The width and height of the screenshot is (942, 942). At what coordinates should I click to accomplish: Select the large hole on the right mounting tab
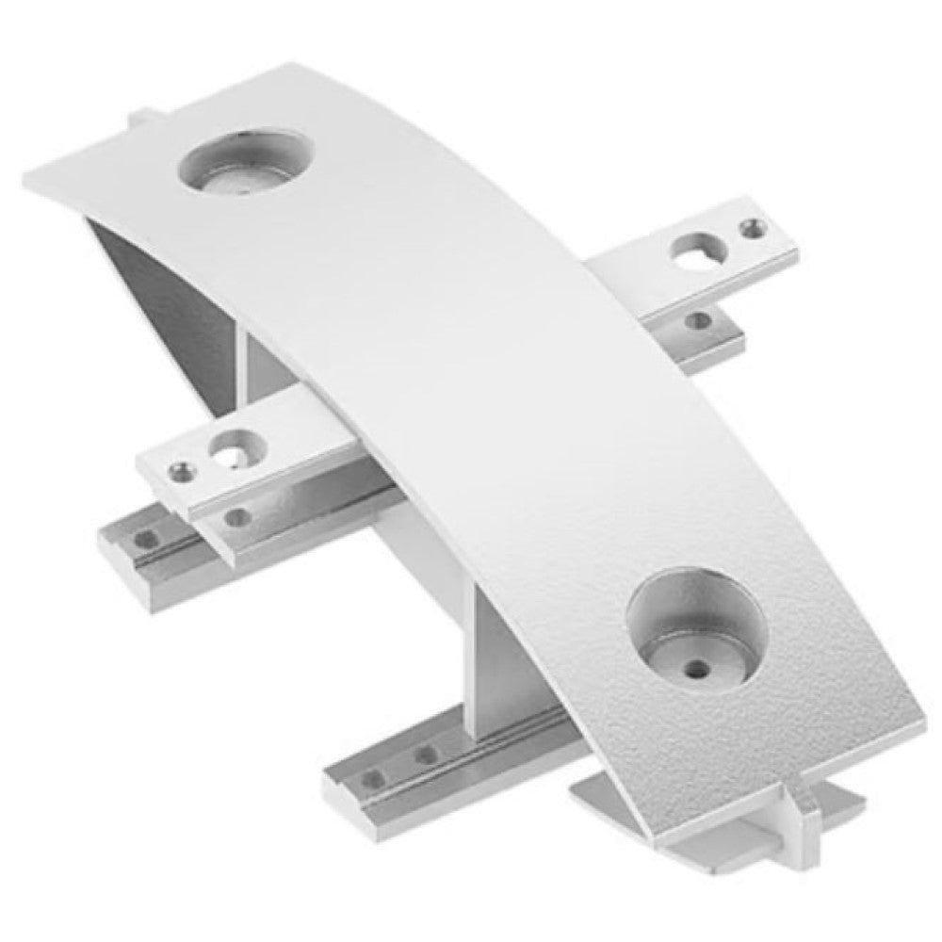pyautogui.click(x=699, y=250)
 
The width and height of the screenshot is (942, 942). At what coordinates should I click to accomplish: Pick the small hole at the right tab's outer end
pyautogui.click(x=751, y=227)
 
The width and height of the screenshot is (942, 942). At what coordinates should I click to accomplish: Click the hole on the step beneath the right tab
pyautogui.click(x=698, y=321)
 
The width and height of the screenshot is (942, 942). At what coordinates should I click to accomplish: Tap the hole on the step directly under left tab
pyautogui.click(x=235, y=516)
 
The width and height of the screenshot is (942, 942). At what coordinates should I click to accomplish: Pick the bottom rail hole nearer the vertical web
pyautogui.click(x=426, y=755)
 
